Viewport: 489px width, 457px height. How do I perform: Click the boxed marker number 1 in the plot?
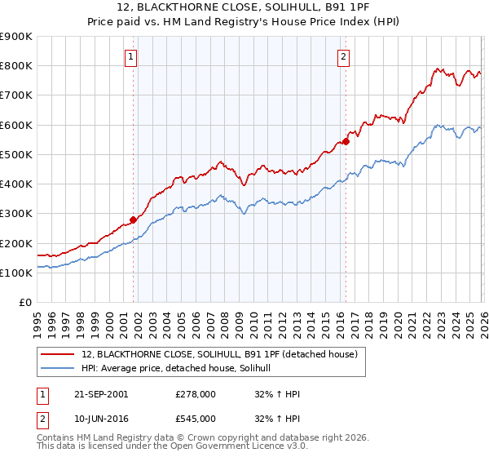coord(132,56)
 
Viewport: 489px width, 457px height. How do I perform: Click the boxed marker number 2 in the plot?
coord(344,56)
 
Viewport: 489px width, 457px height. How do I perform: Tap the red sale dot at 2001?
coord(134,220)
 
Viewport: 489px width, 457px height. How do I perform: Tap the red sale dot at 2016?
coord(346,141)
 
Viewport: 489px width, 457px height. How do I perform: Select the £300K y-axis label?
coord(16,214)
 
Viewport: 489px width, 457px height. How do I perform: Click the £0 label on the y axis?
coord(24,303)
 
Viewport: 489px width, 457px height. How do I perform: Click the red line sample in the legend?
coord(59,354)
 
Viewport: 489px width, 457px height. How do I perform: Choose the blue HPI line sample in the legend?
coord(59,369)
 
